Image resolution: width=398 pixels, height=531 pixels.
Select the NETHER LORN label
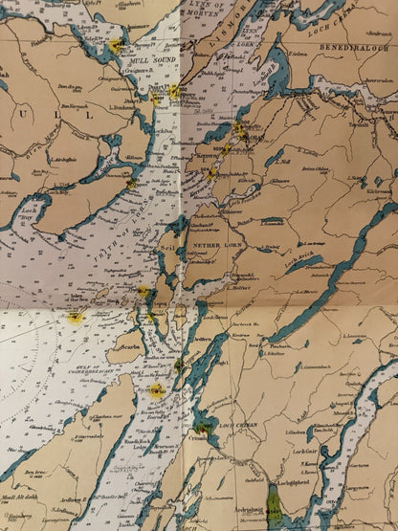click(212, 246)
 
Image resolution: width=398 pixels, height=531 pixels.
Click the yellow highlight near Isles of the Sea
click(75, 316)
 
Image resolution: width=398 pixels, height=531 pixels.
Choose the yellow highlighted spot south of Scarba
click(155, 389)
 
